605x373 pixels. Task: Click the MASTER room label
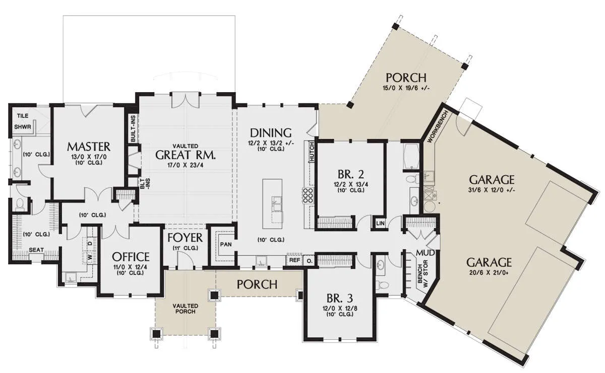89,146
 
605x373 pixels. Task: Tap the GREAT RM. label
186,155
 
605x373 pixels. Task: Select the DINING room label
271,133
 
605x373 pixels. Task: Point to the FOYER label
185,238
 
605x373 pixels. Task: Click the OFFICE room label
131,257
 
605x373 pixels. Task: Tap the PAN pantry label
226,244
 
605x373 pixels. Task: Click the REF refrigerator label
294,260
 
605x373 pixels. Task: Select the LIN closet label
380,223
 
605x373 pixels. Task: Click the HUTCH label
312,153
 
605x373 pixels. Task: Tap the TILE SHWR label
23,121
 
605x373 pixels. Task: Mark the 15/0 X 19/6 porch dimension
406,88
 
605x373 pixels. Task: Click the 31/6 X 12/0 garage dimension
491,190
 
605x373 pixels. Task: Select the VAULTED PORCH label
186,309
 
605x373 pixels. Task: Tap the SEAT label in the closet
36,250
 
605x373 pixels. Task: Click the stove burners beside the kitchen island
308,195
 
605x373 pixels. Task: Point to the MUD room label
426,253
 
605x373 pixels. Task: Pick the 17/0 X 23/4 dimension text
186,165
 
